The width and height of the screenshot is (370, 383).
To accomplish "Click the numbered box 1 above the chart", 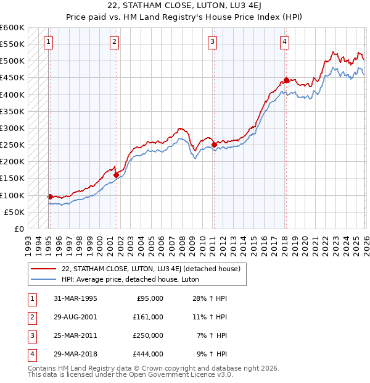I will [x=49, y=42].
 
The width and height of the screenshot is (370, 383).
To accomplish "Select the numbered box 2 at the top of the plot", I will [x=115, y=42].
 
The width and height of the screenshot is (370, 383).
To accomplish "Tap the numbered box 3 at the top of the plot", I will [x=212, y=42].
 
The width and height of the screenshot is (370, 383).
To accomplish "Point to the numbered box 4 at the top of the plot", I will [x=284, y=42].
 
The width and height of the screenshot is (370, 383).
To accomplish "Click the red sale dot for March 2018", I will [x=286, y=80].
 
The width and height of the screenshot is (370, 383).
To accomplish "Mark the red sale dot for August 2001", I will [x=116, y=175].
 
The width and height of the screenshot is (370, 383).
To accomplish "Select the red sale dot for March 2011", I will [x=214, y=145].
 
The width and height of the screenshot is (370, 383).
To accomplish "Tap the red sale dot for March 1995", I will [x=51, y=196].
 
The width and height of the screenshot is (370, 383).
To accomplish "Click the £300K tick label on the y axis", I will [x=12, y=128].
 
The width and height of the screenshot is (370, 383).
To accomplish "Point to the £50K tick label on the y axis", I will [x=14, y=212].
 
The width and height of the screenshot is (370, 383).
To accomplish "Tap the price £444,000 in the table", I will [x=149, y=354].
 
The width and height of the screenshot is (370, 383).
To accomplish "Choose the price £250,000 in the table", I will [x=149, y=335].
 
